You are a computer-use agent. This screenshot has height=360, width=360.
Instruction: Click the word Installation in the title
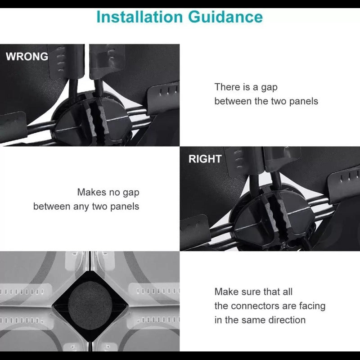[x=139, y=17]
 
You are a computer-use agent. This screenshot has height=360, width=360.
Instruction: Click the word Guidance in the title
[x=225, y=18]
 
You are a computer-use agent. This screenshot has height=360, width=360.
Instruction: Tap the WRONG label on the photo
[x=27, y=57]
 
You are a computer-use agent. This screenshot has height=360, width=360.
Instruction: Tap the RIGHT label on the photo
[x=205, y=159]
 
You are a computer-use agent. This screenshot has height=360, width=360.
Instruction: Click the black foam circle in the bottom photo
[x=90, y=306]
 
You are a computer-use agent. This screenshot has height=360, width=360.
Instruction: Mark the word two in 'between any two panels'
[x=100, y=207]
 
